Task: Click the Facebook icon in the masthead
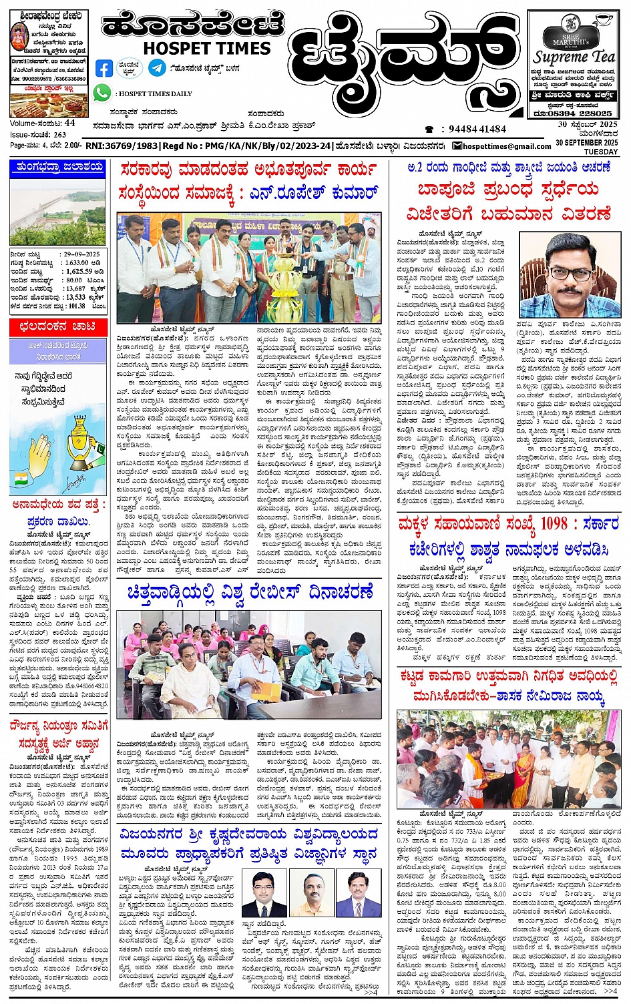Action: pyautogui.click(x=104, y=68)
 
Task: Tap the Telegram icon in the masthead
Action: pyautogui.click(x=158, y=67)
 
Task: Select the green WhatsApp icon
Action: pyautogui.click(x=102, y=93)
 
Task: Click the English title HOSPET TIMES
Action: pyautogui.click(x=207, y=48)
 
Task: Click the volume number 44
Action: pyautogui.click(x=70, y=123)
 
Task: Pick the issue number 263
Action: pyautogui.click(x=60, y=134)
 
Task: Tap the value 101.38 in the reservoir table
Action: pyautogui.click(x=77, y=306)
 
